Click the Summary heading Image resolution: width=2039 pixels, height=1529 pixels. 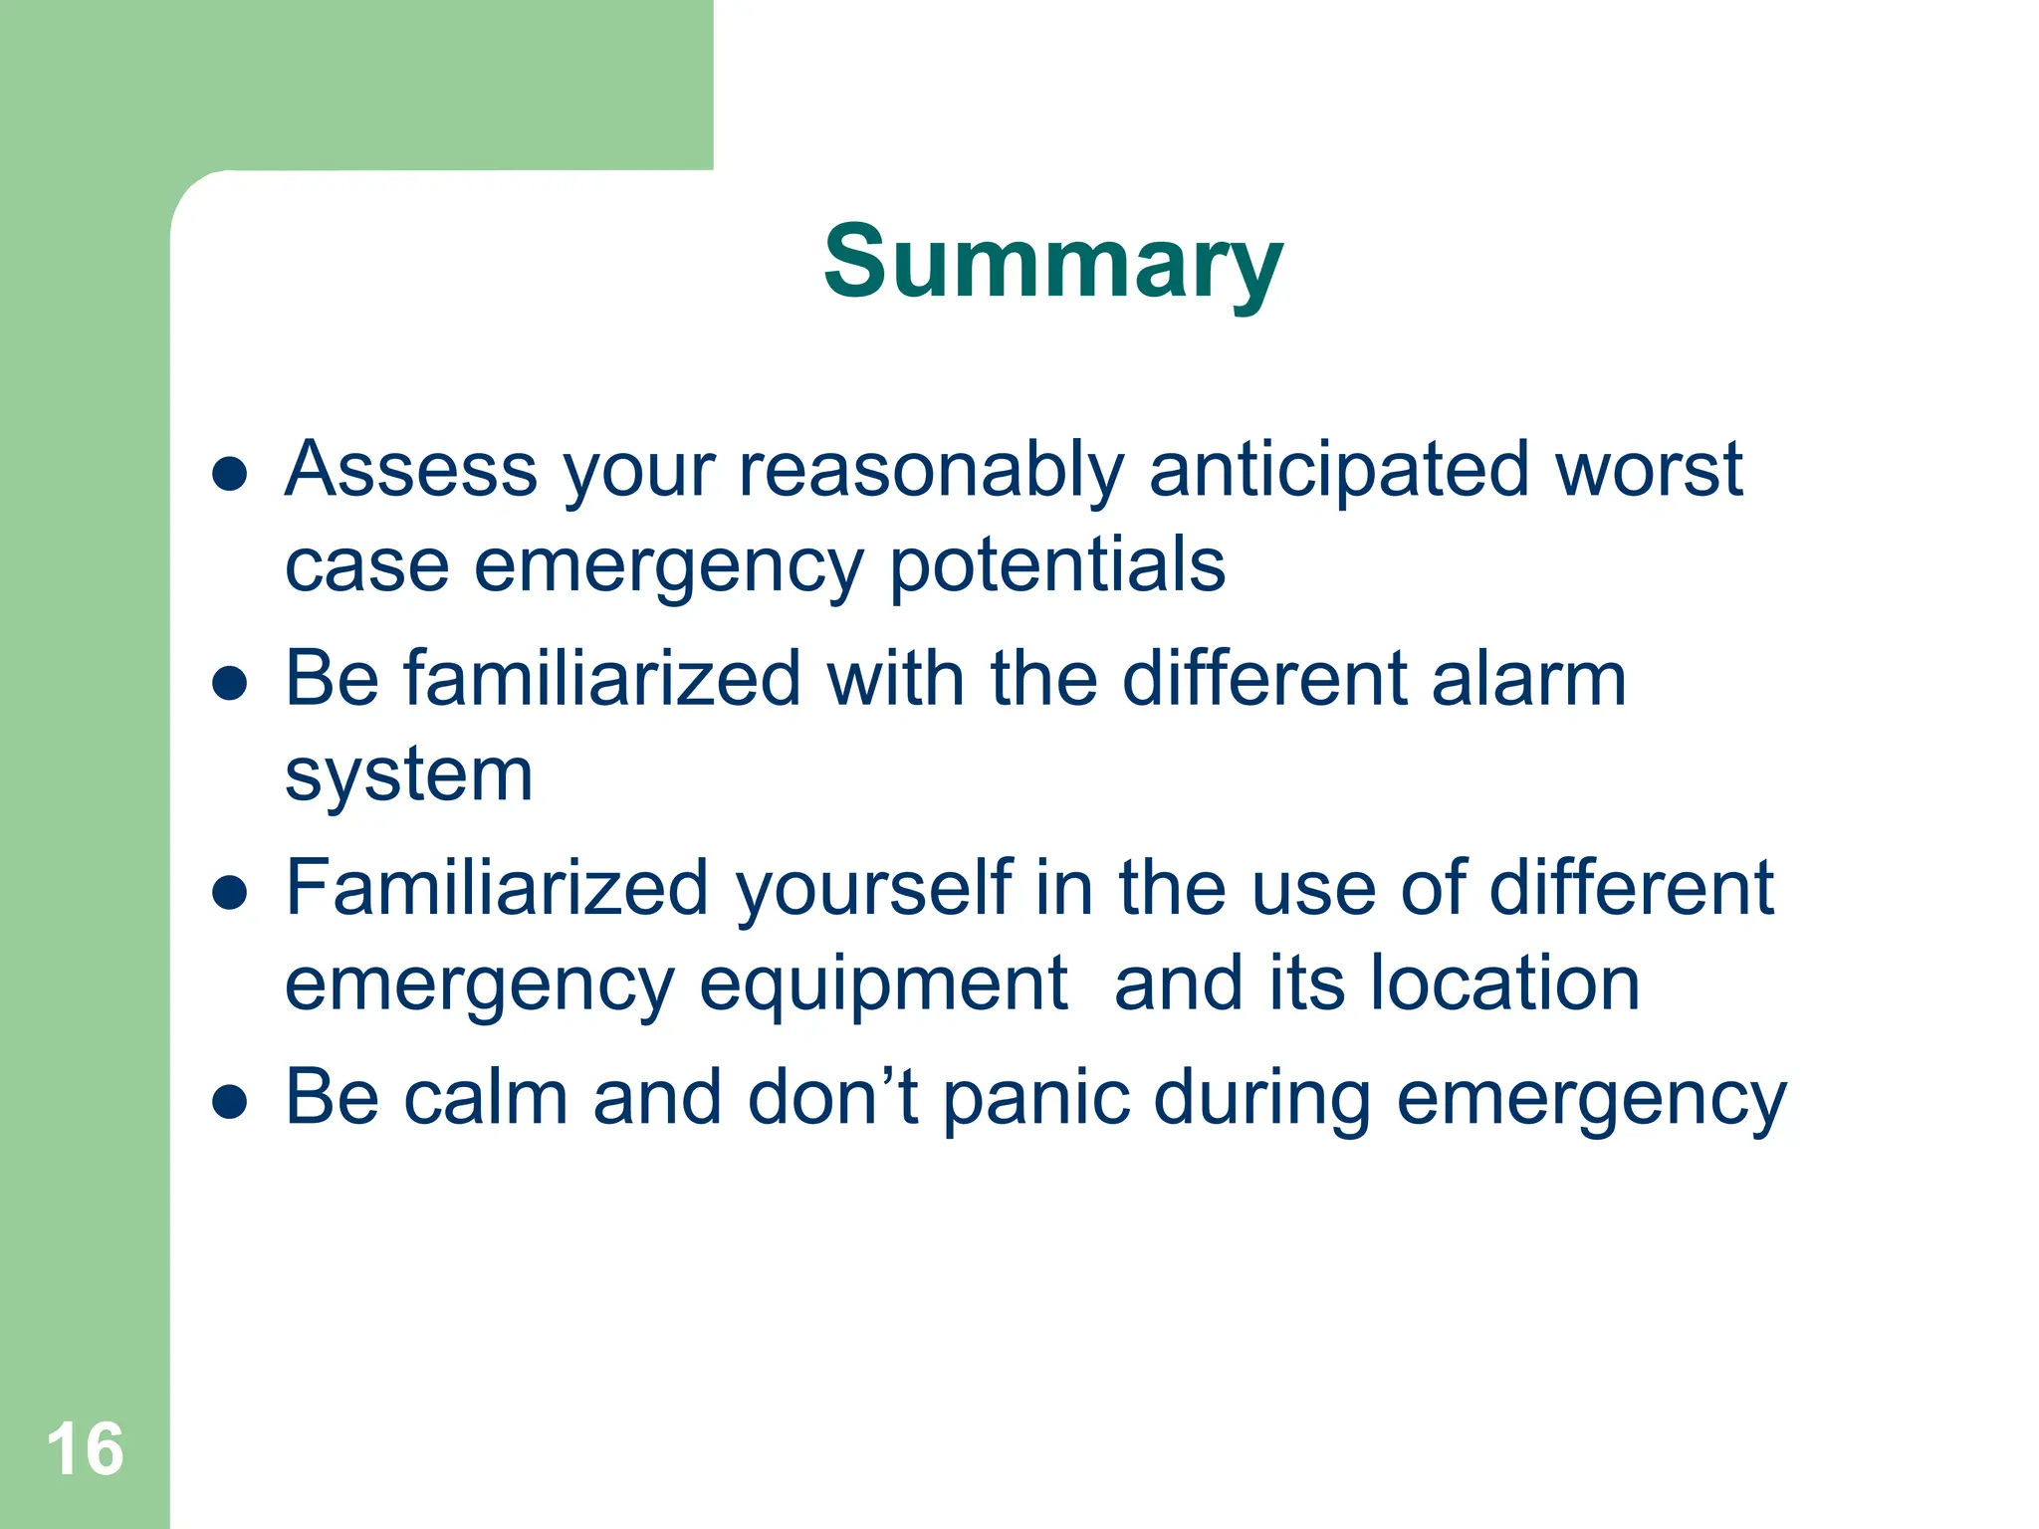(1052, 262)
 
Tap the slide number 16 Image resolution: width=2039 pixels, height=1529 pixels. (85, 1449)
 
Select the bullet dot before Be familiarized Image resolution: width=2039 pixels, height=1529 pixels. (230, 684)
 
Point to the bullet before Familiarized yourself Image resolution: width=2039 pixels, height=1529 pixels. (230, 893)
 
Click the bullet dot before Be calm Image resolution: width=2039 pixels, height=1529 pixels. (230, 1103)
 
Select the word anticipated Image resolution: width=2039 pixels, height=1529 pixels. (1338, 470)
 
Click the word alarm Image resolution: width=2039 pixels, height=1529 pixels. (1528, 679)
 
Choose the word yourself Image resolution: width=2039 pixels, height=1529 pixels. (874, 888)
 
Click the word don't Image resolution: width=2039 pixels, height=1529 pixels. (832, 1097)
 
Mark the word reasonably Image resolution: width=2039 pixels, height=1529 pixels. (931, 470)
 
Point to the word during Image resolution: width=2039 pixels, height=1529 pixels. (1262, 1099)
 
